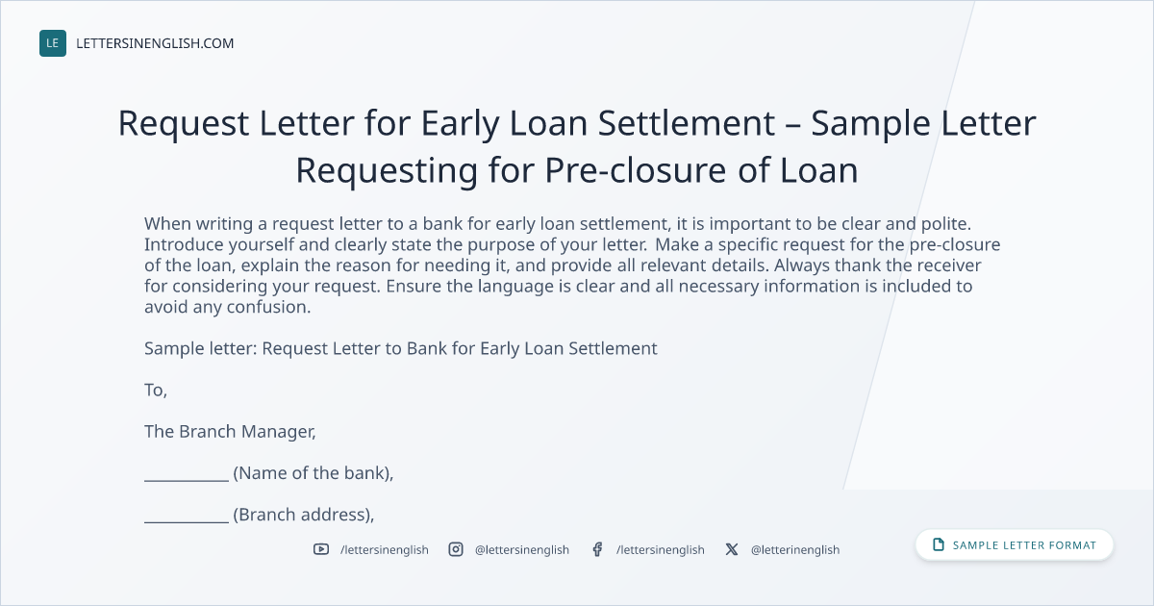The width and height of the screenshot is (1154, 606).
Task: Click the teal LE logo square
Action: pyautogui.click(x=53, y=43)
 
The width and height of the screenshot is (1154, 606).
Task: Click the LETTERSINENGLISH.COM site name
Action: pyautogui.click(x=155, y=43)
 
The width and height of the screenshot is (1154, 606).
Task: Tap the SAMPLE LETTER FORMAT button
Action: pyautogui.click(x=1014, y=544)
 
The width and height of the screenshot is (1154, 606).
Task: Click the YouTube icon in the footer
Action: pyautogui.click(x=321, y=549)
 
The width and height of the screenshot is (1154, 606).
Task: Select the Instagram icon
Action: pyautogui.click(x=456, y=549)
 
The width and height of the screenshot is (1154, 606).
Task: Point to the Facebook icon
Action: pyautogui.click(x=597, y=549)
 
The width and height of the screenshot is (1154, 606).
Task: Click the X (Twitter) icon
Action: pyautogui.click(x=732, y=549)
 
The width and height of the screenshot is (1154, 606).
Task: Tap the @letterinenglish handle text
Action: pyautogui.click(x=795, y=550)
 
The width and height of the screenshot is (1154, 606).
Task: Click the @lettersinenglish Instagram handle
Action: pyautogui.click(x=522, y=550)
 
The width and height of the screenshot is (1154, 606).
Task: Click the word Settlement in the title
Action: pyautogui.click(x=687, y=123)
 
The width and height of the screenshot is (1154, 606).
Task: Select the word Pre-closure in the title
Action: pyautogui.click(x=636, y=170)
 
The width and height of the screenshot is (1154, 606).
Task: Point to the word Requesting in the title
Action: pyautogui.click(x=387, y=171)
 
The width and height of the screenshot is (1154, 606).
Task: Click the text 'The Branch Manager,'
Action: pyautogui.click(x=230, y=431)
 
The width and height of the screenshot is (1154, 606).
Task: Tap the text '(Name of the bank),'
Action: pyautogui.click(x=314, y=473)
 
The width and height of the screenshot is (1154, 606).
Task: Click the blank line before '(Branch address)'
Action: pyautogui.click(x=186, y=521)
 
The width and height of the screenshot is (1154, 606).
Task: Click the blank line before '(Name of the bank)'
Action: pyautogui.click(x=186, y=480)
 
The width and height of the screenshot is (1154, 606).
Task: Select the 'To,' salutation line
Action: pyautogui.click(x=156, y=391)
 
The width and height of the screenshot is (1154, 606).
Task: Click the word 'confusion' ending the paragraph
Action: pyautogui.click(x=267, y=307)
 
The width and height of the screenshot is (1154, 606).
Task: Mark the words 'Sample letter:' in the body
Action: pyautogui.click(x=200, y=348)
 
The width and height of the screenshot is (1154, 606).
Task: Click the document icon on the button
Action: pyautogui.click(x=939, y=544)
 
